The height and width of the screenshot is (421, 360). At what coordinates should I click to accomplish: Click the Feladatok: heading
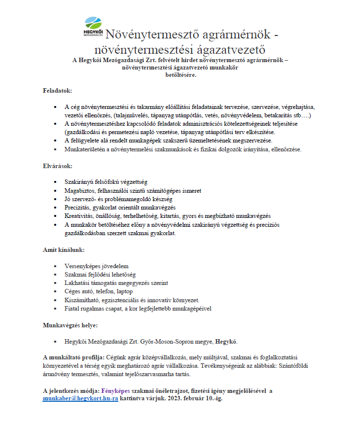[58, 91]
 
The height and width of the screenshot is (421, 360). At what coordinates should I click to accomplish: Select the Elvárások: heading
[58, 166]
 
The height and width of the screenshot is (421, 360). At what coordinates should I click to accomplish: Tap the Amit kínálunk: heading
[64, 250]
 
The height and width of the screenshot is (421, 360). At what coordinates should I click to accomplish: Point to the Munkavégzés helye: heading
[70, 325]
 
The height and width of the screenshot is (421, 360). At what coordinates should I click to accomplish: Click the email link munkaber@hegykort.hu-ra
[80, 398]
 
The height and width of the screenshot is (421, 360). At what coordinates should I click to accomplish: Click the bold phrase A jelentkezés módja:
[71, 390]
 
